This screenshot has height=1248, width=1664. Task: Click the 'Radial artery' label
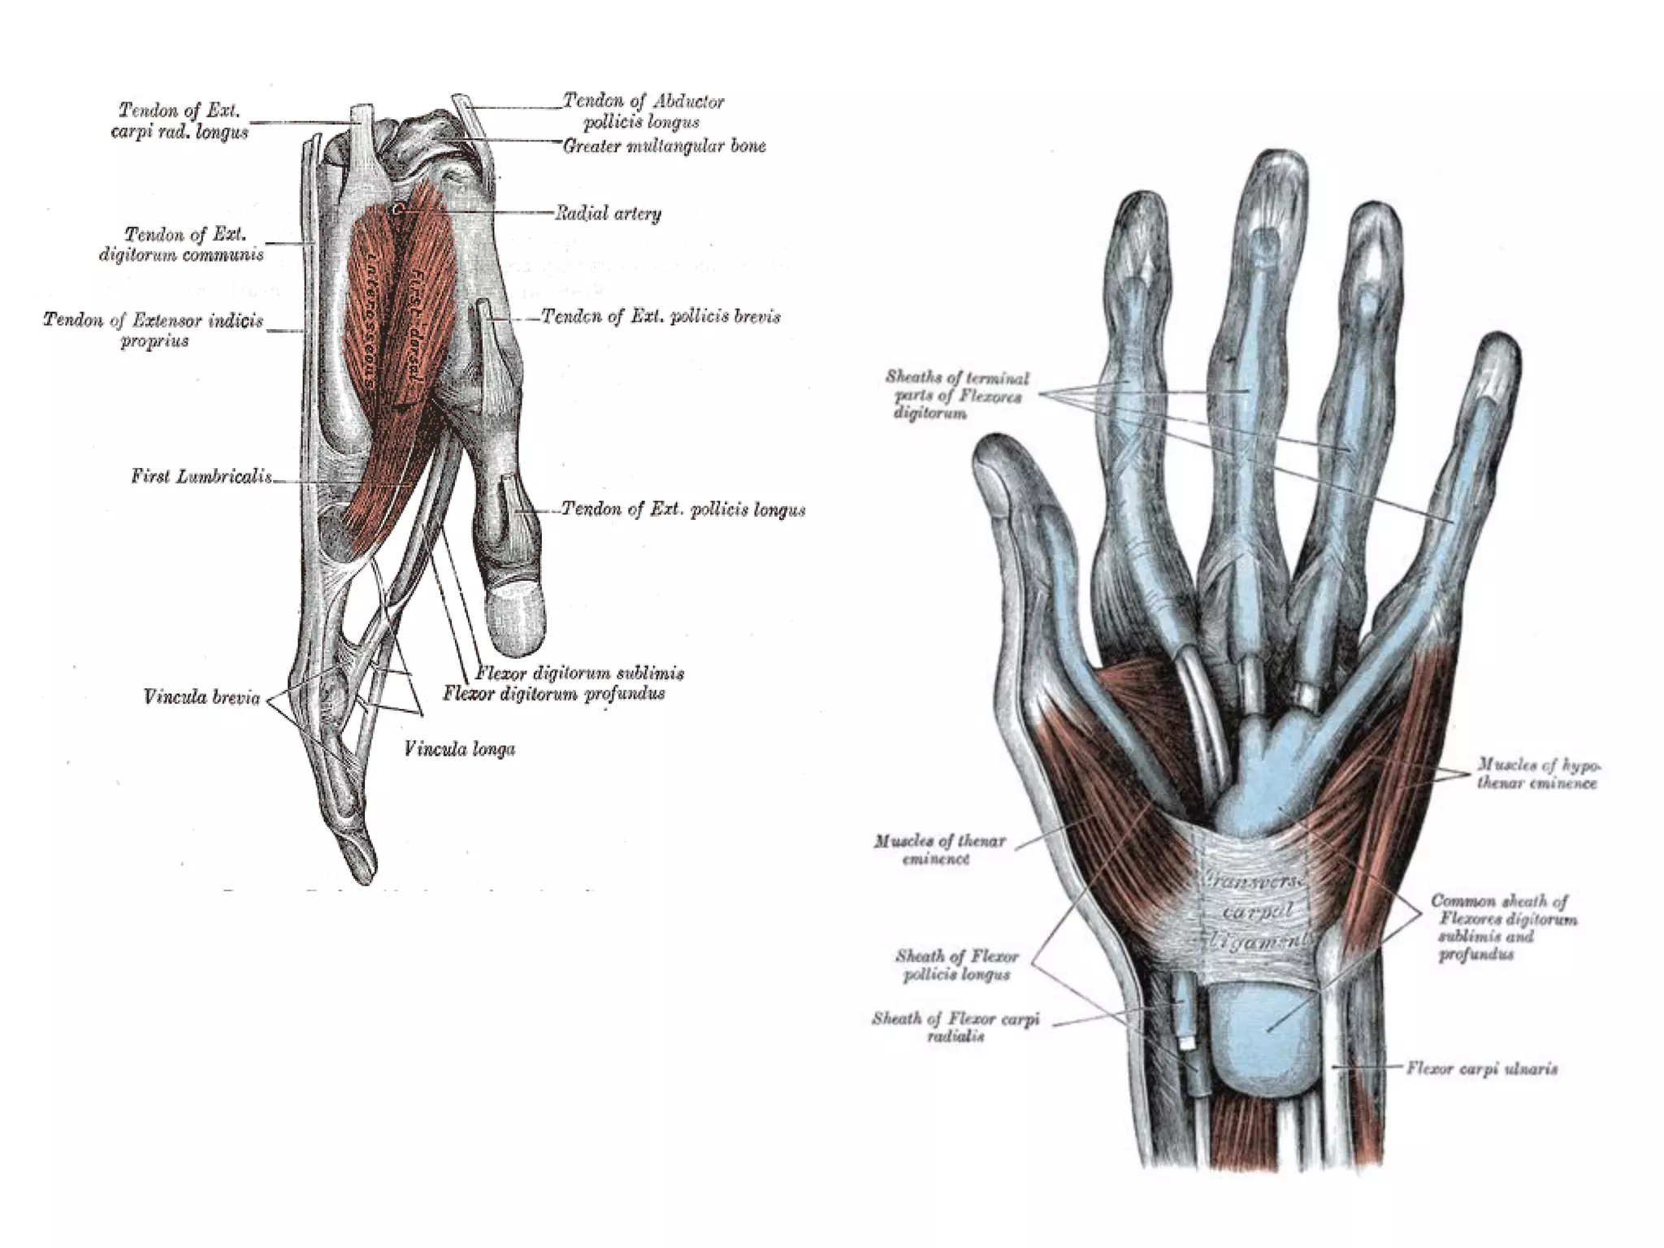click(608, 214)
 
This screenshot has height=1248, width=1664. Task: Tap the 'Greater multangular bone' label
click(665, 146)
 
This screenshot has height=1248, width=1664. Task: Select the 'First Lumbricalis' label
click(202, 476)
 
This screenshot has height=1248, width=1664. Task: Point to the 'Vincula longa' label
click(459, 748)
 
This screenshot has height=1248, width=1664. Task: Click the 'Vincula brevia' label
click(201, 697)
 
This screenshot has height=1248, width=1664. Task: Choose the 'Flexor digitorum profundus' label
click(554, 693)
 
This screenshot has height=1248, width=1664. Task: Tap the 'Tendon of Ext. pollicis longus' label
click(684, 509)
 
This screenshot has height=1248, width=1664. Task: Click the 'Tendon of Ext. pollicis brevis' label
click(661, 316)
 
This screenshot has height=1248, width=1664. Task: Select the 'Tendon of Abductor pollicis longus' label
click(643, 111)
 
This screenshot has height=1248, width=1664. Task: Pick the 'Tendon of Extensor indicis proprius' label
click(154, 330)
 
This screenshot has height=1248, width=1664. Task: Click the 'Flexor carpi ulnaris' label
click(1482, 1068)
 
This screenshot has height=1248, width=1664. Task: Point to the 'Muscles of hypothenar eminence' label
click(1537, 773)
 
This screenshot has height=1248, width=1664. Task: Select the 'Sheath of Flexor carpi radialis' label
click(955, 1027)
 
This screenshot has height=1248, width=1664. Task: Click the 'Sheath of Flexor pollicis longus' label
click(956, 965)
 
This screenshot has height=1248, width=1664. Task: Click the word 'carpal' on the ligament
click(1257, 912)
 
